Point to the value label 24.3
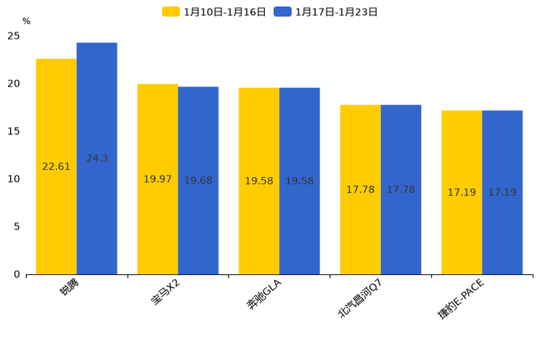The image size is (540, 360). click(97, 158)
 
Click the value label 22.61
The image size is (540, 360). click(57, 167)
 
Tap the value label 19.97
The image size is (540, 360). click(157, 179)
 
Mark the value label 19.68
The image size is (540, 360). click(198, 181)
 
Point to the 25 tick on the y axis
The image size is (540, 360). click(14, 36)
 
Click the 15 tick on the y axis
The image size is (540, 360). click(14, 131)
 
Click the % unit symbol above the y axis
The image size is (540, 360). click(26, 22)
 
